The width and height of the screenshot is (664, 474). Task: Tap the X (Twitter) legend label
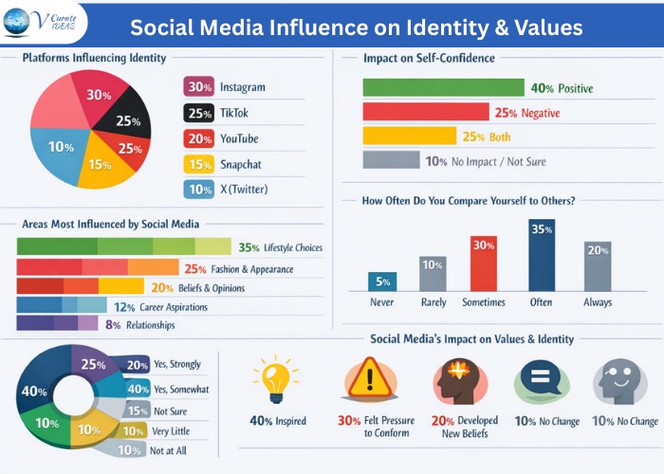tap(244, 189)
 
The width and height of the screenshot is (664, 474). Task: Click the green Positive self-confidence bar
tap(443, 88)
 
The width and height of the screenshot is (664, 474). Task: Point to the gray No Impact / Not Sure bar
tap(391, 160)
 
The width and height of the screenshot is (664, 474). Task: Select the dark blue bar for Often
tap(542, 255)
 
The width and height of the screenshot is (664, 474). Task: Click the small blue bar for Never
tap(382, 281)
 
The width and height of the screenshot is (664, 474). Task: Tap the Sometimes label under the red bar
tap(484, 302)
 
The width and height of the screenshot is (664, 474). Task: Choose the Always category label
tap(598, 302)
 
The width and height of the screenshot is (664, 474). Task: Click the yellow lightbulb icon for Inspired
tap(274, 379)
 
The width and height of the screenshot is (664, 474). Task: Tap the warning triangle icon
tap(362, 380)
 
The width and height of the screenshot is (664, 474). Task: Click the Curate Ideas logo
tap(44, 23)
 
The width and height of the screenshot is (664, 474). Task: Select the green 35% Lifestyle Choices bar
tap(123, 246)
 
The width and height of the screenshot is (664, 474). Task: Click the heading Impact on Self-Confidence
tap(429, 58)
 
